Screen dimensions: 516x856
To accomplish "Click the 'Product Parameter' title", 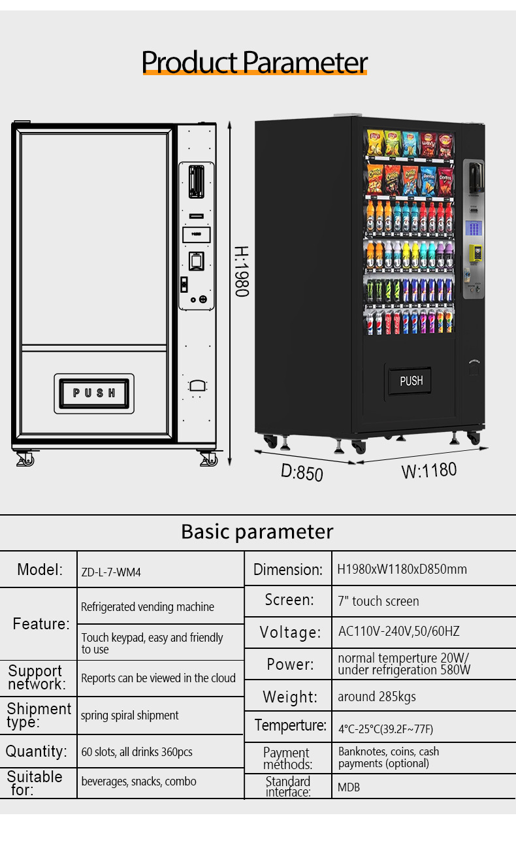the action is coord(255,62).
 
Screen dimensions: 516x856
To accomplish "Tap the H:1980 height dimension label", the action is coord(241,271).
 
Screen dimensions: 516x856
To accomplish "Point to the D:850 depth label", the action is coord(302,471).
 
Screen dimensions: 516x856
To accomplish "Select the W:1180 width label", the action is coord(428,470).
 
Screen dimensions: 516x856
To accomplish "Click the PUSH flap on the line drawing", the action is coord(94,393).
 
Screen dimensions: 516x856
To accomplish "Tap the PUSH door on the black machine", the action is coord(411,380).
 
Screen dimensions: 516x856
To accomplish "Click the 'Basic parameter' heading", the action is coord(257,531).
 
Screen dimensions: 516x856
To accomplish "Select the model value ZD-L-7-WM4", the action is coord(111,572).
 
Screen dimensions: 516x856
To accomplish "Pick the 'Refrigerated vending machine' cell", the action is coord(148,607).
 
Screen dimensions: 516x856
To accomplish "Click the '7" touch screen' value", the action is coord(378,601).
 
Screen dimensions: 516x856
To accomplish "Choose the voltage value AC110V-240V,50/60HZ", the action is coord(398,632).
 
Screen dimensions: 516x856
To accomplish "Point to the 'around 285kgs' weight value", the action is coord(377,697).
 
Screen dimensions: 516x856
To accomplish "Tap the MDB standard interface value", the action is coord(349,787).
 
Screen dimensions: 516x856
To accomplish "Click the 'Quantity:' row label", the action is coord(37,751).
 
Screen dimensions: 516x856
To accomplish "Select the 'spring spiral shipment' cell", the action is coord(129,716).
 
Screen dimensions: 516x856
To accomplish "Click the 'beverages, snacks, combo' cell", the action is coord(138,782).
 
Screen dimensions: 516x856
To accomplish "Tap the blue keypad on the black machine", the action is coord(474,229).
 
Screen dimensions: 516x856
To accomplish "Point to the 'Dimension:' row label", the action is coord(288,570).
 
